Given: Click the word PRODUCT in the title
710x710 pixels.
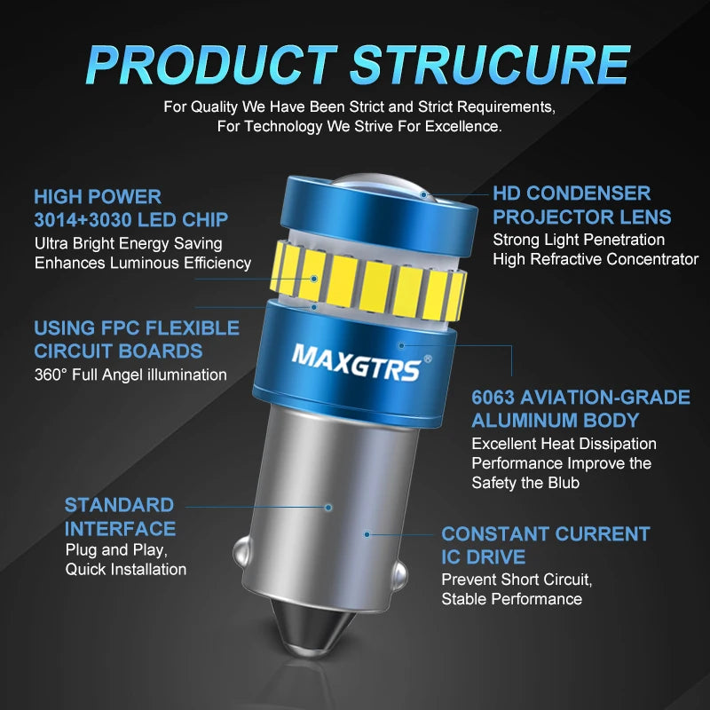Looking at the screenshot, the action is (x=212, y=64).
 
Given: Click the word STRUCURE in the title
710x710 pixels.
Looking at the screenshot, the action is (x=491, y=64).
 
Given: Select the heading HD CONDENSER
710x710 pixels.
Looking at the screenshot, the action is (x=572, y=193).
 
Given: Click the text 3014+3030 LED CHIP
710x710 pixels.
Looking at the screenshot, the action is (x=130, y=220).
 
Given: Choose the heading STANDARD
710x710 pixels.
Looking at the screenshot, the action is (x=119, y=505).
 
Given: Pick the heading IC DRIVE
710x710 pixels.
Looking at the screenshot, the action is (x=483, y=557).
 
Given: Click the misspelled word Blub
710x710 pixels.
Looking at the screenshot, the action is (x=564, y=483).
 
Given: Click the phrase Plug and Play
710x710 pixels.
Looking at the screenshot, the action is (x=116, y=550).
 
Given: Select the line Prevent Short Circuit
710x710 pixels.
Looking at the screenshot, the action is (x=517, y=580).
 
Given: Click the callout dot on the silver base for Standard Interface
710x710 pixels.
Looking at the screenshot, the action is (x=328, y=508).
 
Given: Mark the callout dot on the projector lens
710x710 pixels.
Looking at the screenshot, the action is (x=423, y=194).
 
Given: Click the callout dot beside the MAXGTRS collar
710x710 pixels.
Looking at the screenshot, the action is (x=401, y=345).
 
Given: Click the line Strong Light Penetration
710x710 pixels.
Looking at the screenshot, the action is (x=579, y=240).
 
